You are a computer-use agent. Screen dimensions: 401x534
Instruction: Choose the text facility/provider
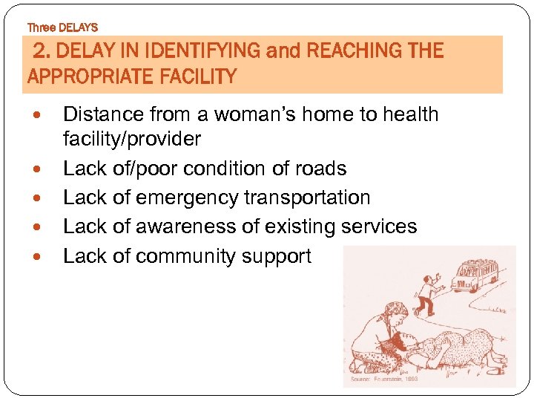click(x=132, y=139)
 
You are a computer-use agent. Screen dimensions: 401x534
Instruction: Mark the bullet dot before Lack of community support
click(x=40, y=257)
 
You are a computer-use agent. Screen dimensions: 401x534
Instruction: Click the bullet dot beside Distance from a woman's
click(x=40, y=115)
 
